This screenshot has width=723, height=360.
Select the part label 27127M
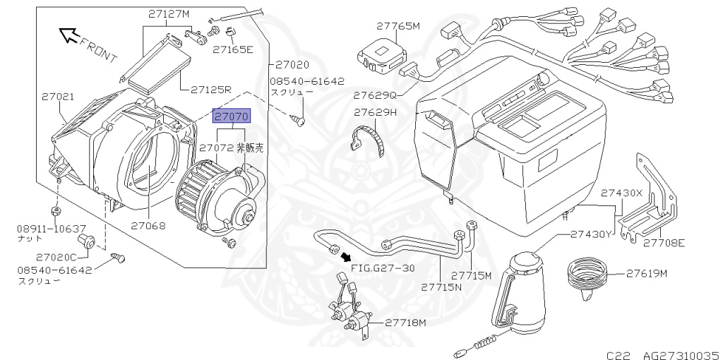click(x=169, y=13)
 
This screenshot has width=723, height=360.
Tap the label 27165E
click(x=233, y=49)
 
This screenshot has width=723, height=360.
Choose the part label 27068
click(x=148, y=226)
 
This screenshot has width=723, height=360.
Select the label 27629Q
click(x=376, y=94)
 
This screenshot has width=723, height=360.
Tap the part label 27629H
click(x=376, y=112)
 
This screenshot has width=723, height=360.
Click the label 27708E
click(x=664, y=243)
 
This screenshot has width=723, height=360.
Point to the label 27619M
click(x=645, y=273)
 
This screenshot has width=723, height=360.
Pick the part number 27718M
click(x=406, y=323)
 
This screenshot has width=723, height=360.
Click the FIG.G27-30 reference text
click(x=382, y=268)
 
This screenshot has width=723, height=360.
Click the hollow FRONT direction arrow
click(x=69, y=34)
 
